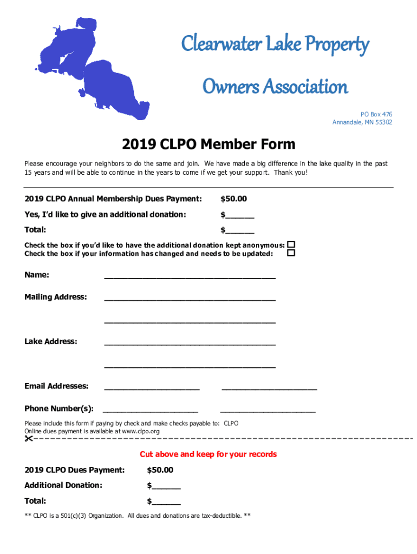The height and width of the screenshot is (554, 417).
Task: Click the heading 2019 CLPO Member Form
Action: [x=208, y=144]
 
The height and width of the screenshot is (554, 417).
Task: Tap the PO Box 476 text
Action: [x=376, y=114]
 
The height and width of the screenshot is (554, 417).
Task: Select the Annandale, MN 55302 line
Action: [x=362, y=122]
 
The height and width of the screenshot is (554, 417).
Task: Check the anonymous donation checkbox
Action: [x=291, y=245]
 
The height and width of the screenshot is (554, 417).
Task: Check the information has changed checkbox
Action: [x=291, y=253]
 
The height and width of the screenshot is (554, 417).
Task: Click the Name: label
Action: [x=37, y=275]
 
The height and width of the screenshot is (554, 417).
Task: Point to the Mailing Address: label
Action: [x=55, y=297]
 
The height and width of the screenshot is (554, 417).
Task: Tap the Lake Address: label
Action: [x=50, y=341]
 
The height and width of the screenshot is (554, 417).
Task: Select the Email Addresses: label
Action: [x=56, y=386]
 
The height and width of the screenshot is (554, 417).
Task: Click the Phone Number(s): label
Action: [x=58, y=408]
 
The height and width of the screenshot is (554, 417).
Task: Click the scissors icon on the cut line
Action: [x=29, y=438]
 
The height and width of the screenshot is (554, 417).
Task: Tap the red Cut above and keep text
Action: [x=208, y=454]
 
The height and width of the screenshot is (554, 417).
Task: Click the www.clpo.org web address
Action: [x=140, y=431]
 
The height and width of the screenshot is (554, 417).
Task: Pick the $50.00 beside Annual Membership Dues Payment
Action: [x=233, y=199]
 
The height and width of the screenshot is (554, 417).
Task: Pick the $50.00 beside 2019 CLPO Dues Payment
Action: [x=160, y=470]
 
